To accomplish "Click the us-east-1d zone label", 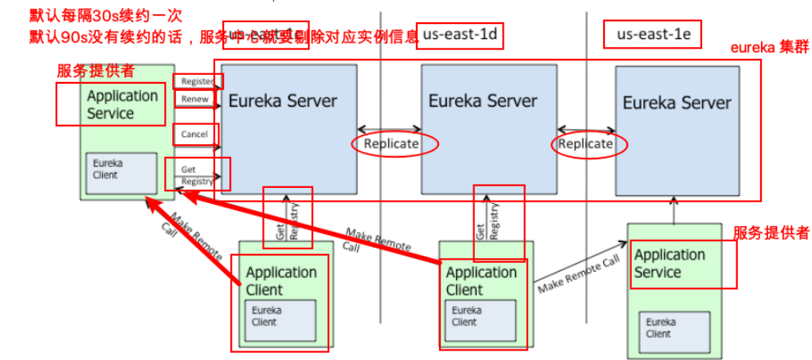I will click(x=461, y=35).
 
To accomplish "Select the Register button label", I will click(x=198, y=81).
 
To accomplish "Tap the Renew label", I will click(x=194, y=100).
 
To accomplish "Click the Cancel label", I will click(x=194, y=135).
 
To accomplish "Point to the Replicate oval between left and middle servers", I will click(x=391, y=144).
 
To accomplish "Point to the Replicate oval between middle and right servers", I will click(x=586, y=144).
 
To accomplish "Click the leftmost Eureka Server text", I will click(x=283, y=102).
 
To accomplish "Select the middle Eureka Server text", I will click(x=483, y=101).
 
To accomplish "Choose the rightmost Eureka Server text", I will click(x=677, y=103).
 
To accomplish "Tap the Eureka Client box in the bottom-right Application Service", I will click(x=675, y=328).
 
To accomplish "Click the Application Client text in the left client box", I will click(x=280, y=280).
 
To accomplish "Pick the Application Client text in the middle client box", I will click(x=481, y=280).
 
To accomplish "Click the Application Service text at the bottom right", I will click(x=669, y=264).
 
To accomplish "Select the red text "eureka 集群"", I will click(x=769, y=48).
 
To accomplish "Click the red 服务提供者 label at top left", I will click(x=96, y=70).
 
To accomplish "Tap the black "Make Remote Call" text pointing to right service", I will click(x=578, y=273).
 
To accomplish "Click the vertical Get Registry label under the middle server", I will click(x=488, y=221).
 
